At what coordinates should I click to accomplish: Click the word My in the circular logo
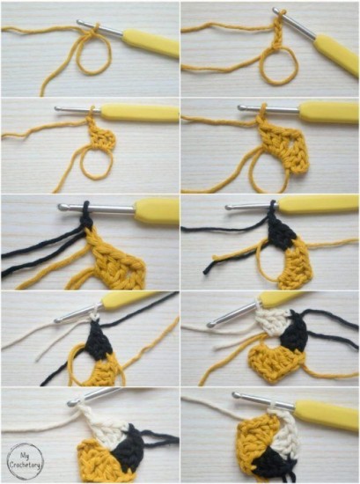point(25,455)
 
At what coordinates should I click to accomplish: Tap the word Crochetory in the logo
point(25,465)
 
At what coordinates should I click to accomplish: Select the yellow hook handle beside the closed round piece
point(327,414)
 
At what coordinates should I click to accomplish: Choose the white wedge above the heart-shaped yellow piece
point(274,321)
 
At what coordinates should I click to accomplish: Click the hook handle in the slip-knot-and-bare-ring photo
point(151,43)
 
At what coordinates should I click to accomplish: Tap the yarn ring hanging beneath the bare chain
point(278,66)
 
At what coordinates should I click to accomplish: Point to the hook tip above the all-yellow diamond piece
point(241,108)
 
